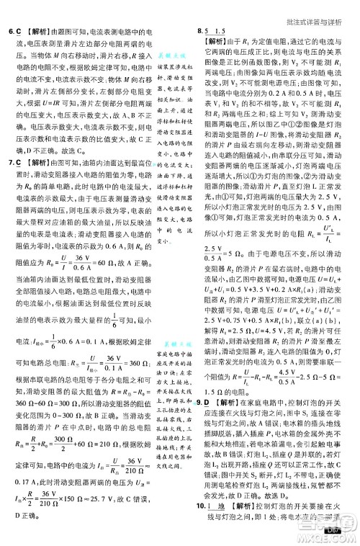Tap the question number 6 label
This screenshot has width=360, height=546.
click(x=10, y=32)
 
